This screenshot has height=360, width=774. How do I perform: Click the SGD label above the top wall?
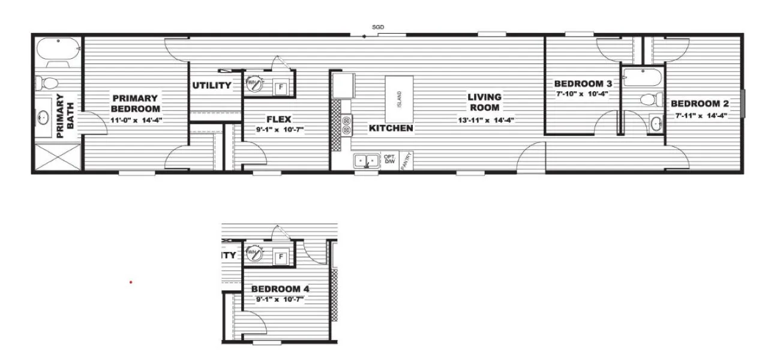point(378,28)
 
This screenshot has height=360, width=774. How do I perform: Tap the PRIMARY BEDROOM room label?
point(136,103)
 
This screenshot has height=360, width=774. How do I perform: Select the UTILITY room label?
point(212,85)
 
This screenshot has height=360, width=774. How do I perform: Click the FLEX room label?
point(278,119)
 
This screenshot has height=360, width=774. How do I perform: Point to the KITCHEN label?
point(391,128)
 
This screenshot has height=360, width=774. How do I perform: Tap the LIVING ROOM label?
point(485,102)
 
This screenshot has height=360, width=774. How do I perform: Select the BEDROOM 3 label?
point(583,83)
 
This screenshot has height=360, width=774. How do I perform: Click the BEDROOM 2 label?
point(700,104)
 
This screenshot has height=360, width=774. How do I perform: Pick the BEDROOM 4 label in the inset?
point(280,289)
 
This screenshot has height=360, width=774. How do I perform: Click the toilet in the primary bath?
point(47,82)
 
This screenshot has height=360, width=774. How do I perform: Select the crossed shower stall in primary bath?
point(58,158)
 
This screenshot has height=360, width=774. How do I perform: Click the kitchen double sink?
point(365,161)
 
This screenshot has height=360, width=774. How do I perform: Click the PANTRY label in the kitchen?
point(406,160)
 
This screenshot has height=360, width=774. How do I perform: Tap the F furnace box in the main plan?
point(281,88)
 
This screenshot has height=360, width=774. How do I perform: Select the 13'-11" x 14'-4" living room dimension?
point(485,120)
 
